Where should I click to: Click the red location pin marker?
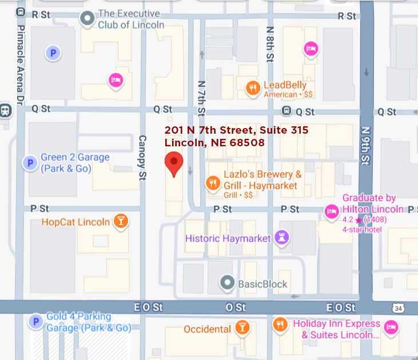click(174, 163)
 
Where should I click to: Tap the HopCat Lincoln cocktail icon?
click(121, 221)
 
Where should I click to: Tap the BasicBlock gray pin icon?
click(228, 282)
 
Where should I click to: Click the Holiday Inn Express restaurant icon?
click(280, 324)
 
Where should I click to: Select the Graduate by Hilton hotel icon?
click(331, 211)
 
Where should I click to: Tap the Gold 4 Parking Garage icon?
click(35, 322)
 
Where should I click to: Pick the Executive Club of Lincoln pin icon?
click(87, 20)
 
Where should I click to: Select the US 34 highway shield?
click(398, 308)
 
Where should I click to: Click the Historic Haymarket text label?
click(228, 238)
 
